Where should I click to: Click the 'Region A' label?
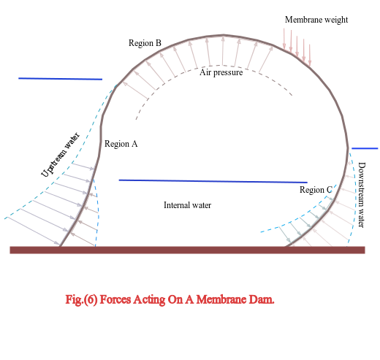121,144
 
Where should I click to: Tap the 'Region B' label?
145,43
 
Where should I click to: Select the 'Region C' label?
316,190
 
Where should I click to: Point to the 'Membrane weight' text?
316,20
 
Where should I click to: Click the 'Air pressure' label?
221,72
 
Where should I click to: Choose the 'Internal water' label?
187,205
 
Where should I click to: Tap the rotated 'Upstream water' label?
60,155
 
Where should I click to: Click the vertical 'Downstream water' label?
362,195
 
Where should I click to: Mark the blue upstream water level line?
61,79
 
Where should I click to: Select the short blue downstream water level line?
365,148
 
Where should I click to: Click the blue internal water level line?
213,181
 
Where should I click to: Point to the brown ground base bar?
187,250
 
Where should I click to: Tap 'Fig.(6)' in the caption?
81,299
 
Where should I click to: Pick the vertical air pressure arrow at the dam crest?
223,50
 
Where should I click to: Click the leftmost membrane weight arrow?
284,39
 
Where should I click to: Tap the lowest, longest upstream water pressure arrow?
33,231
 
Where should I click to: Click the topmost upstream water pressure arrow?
83,166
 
